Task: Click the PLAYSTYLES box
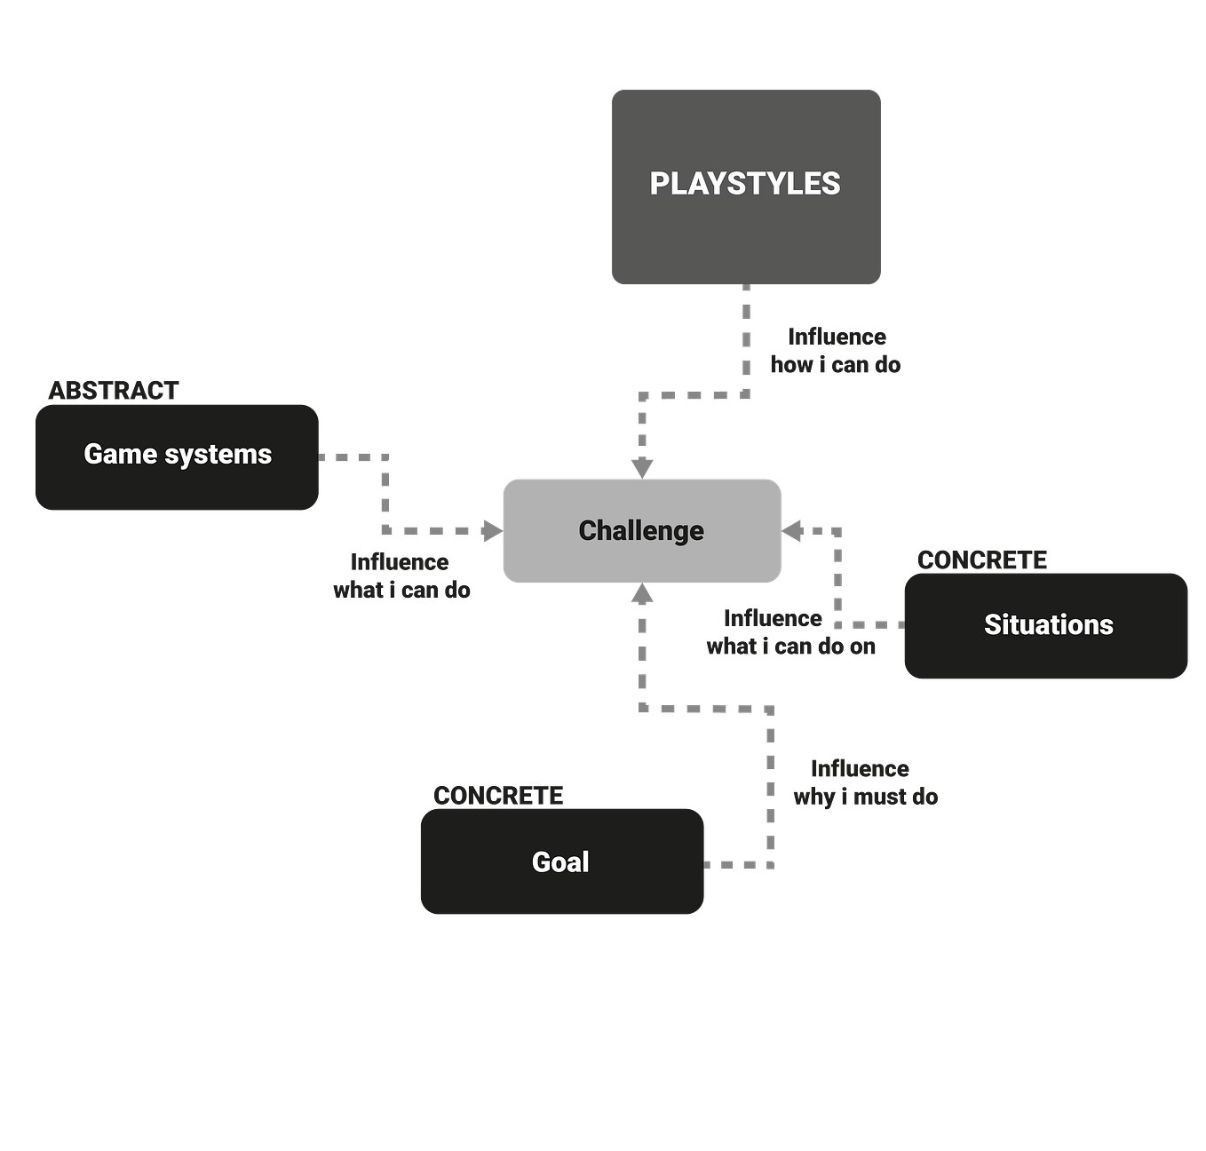point(746,187)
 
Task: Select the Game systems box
point(177,456)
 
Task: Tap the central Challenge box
point(641,531)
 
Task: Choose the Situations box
point(1046,625)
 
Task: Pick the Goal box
point(561,861)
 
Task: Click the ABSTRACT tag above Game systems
point(114,390)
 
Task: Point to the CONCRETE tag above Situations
point(982,560)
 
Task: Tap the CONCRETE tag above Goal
point(498,796)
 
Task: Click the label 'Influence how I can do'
point(836,351)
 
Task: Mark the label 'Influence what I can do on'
point(790,632)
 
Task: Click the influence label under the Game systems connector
point(401,575)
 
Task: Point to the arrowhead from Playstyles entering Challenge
point(642,466)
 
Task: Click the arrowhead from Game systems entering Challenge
point(490,531)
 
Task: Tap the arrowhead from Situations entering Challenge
point(793,531)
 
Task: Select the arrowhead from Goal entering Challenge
point(642,596)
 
